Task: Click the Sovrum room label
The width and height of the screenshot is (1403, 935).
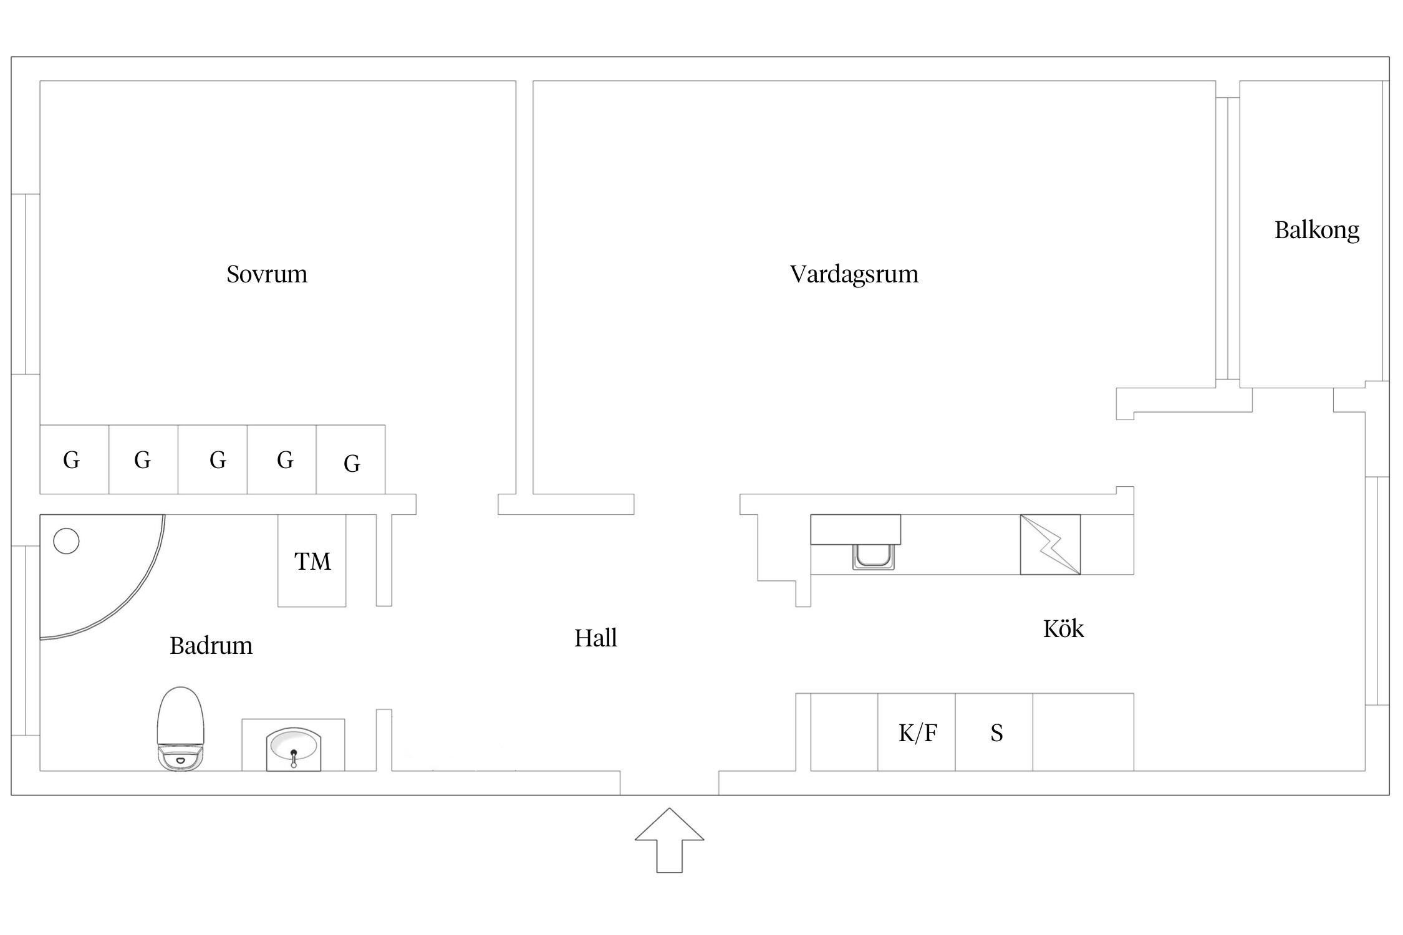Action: [267, 274]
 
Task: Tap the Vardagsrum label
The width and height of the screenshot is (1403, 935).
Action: [854, 274]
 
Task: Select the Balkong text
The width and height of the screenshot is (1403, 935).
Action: [1317, 231]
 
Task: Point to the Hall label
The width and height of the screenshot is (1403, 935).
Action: [595, 638]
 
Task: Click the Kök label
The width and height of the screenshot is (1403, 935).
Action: [1064, 628]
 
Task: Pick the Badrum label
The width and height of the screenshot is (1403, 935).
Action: [211, 646]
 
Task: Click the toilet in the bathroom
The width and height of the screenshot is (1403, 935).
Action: [181, 729]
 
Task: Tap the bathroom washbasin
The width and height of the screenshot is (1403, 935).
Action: [294, 749]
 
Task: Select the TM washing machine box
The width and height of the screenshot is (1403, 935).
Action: [312, 560]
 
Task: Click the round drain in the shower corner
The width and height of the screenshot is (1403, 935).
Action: [66, 541]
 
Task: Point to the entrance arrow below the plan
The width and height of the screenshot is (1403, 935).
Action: [669, 840]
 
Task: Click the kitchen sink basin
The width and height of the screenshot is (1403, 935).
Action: [873, 556]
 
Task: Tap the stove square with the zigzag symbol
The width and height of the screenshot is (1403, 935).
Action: [1050, 544]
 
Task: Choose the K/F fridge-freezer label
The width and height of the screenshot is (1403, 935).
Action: [918, 733]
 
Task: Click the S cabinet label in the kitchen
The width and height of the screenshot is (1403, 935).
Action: [996, 733]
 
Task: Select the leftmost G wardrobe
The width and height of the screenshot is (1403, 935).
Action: [74, 459]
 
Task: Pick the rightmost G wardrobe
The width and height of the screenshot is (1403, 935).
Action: [350, 459]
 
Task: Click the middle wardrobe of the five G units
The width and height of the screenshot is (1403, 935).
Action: [213, 459]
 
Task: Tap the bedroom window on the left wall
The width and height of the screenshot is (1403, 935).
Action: [26, 284]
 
